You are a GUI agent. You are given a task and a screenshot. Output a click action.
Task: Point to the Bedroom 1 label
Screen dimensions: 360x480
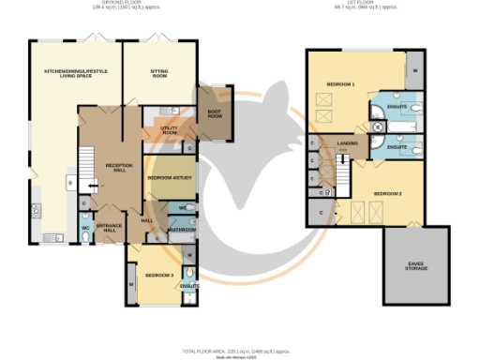point(340,85)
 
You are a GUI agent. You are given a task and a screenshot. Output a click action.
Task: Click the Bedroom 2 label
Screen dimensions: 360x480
point(387,193)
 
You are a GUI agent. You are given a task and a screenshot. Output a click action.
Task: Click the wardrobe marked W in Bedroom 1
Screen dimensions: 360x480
point(414,69)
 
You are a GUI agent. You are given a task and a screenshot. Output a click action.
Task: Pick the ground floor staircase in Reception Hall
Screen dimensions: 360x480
point(85,166)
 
